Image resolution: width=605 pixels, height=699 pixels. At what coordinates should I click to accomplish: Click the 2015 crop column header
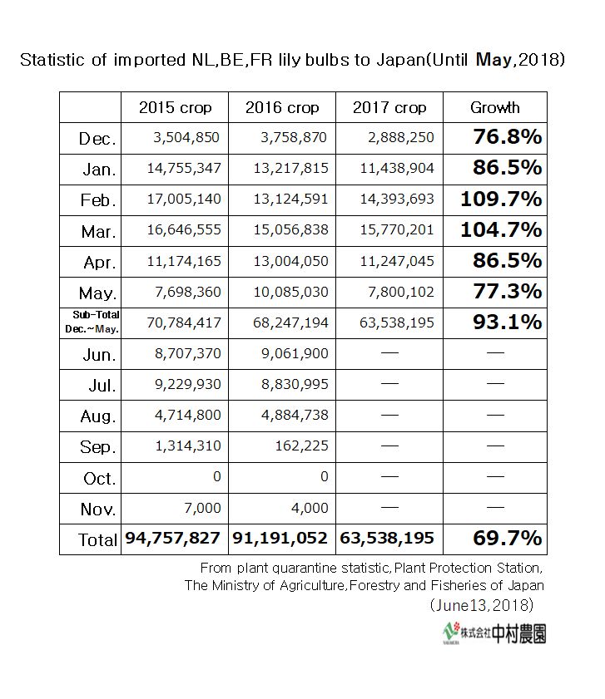pyautogui.click(x=175, y=108)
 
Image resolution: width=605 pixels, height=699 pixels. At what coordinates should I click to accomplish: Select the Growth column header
pyautogui.click(x=494, y=108)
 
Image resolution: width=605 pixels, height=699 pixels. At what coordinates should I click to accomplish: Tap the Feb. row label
pyautogui.click(x=98, y=200)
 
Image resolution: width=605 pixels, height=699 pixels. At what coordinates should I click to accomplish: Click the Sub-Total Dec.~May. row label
pyautogui.click(x=91, y=322)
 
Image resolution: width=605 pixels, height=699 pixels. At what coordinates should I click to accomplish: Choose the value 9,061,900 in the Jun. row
pyautogui.click(x=295, y=353)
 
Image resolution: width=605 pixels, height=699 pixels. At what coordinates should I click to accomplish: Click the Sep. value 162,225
pyautogui.click(x=303, y=445)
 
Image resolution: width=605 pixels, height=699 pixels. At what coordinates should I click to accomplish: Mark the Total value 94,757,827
pyautogui.click(x=173, y=539)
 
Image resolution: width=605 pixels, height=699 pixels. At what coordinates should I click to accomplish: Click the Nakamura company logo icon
pyautogui.click(x=454, y=633)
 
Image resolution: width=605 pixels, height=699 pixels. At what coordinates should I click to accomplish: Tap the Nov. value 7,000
pyautogui.click(x=201, y=509)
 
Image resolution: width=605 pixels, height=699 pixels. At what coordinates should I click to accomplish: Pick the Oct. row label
pyautogui.click(x=100, y=479)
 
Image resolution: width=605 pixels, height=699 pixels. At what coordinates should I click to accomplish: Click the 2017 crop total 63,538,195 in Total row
pyautogui.click(x=387, y=539)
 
